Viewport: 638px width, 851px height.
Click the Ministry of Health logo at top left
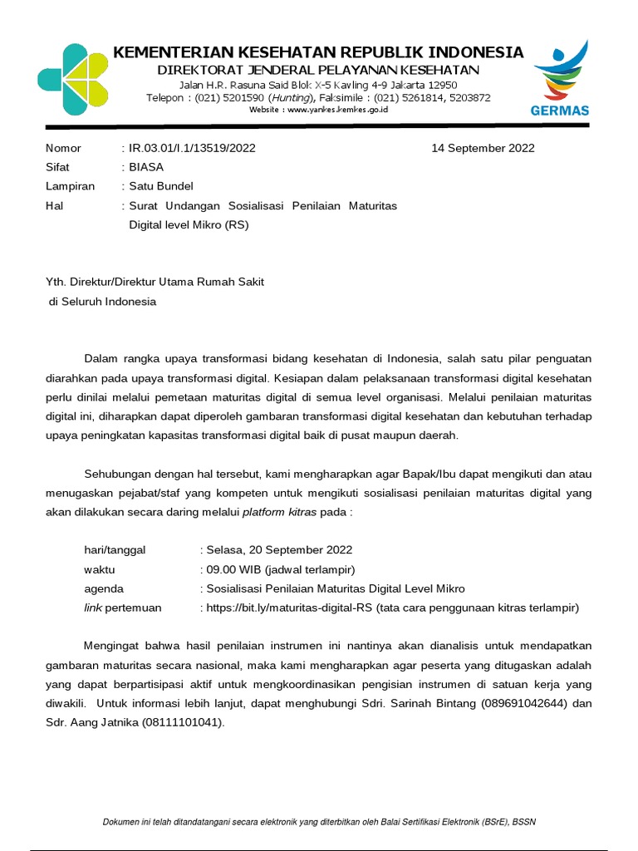click(x=72, y=80)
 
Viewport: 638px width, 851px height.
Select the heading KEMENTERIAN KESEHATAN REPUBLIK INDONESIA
click(x=318, y=52)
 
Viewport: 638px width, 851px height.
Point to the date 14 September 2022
click(x=483, y=148)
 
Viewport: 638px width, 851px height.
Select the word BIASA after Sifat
click(x=146, y=166)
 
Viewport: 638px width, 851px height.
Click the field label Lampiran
click(x=70, y=186)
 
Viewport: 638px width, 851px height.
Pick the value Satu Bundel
click(x=160, y=186)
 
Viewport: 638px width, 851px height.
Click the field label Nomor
click(x=63, y=148)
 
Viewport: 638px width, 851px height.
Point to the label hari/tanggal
click(x=114, y=550)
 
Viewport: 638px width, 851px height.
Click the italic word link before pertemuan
click(x=92, y=608)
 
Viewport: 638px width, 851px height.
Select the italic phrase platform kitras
click(x=279, y=512)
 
